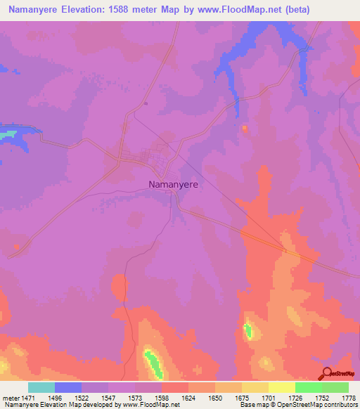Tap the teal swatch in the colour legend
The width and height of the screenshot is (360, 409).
pyautogui.click(x=41, y=387)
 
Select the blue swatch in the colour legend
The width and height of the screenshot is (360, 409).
pyautogui.click(x=68, y=387)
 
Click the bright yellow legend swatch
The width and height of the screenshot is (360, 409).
pyautogui.click(x=282, y=387)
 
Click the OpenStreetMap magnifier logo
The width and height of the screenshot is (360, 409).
pyautogui.click(x=327, y=374)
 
